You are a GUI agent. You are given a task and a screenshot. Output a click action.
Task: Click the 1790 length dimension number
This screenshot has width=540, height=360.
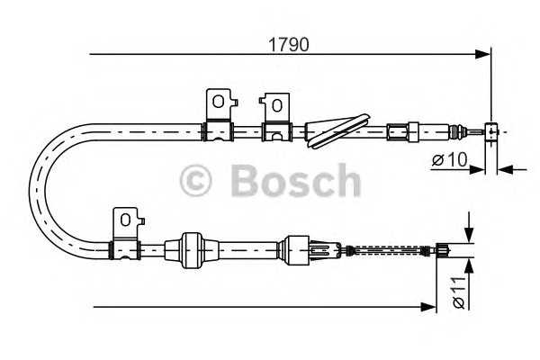pos(289,45)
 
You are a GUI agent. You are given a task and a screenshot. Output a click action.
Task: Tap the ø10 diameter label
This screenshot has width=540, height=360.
pos(450,159)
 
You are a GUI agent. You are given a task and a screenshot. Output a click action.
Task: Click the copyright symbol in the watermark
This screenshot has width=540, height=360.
pos(195,181)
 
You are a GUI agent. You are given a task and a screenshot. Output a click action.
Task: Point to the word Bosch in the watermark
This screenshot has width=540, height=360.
pos(296,180)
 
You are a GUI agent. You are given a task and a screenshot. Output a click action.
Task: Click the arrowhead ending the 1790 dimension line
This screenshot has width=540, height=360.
pos(482,54)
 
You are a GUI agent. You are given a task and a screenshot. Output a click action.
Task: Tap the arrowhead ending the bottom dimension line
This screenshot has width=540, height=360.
pos(428,307)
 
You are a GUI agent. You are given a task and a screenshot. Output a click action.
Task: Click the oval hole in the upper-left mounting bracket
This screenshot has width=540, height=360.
pos(219,102)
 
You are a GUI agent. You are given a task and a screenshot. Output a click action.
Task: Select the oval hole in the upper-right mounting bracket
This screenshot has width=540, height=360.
pos(276,105)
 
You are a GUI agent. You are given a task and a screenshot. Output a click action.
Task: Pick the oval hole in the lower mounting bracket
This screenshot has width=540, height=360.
pos(125,220)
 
